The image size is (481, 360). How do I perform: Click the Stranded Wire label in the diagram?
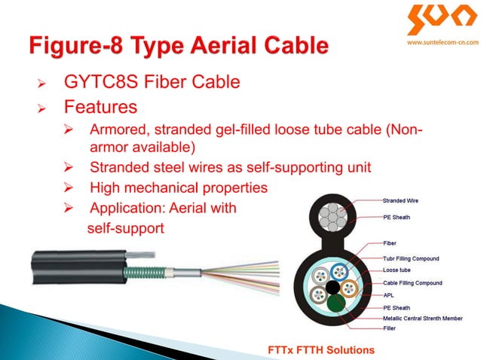[400, 201]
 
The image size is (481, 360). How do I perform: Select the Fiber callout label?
[390, 243]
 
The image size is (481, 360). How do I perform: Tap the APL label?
[388, 295]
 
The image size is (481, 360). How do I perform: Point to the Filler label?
[391, 328]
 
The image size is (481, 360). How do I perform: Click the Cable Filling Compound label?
[412, 282]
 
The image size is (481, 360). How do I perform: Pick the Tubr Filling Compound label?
[410, 258]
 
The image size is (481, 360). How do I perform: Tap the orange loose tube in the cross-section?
[348, 288]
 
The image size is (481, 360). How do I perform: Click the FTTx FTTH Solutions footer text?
[321, 350]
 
